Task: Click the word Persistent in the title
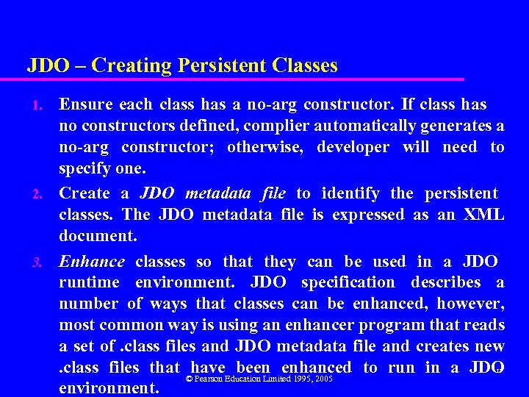pos(221,65)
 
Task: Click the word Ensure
pos(84,104)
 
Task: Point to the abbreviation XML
pos(484,215)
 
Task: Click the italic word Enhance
pos(92,261)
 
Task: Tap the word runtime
pos(89,282)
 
